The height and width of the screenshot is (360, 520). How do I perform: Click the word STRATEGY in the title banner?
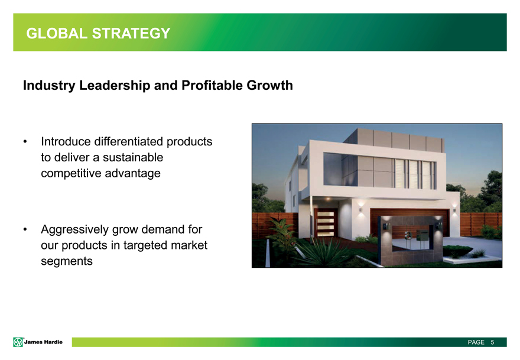tap(131, 34)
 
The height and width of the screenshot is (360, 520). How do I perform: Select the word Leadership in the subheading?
tap(115, 86)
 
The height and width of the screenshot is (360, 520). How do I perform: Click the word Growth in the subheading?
tap(269, 85)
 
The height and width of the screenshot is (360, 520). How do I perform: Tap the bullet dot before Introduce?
tap(25, 142)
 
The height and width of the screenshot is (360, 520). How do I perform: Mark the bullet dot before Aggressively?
tap(25, 229)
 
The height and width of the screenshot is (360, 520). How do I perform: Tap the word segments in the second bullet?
tap(67, 261)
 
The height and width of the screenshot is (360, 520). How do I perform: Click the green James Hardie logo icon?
tap(18, 342)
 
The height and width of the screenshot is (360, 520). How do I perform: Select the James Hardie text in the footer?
tap(43, 342)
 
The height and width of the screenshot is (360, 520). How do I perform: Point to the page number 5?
tap(492, 342)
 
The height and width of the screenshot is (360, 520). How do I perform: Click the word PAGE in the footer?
tap(476, 342)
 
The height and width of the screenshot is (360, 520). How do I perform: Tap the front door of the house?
tap(326, 223)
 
